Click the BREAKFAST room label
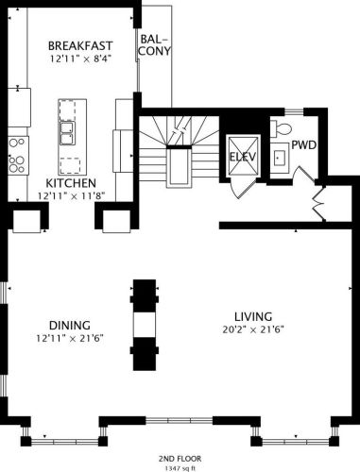point(80,46)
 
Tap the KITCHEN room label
point(71,183)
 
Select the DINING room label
point(70,325)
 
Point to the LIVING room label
point(253,316)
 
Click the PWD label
point(303,145)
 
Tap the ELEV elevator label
point(243,157)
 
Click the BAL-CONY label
point(155,45)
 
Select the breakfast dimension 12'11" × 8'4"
point(81,59)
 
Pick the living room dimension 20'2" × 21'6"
point(253,329)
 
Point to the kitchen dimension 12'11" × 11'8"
point(71,196)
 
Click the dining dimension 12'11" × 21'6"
point(70,339)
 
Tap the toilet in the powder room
point(281,129)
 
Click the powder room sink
point(280,158)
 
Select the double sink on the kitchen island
point(68,133)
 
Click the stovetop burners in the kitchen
point(17,156)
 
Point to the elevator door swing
point(242,189)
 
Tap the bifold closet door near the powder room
point(318,204)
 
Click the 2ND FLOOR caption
point(180,459)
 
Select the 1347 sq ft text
point(180,468)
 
